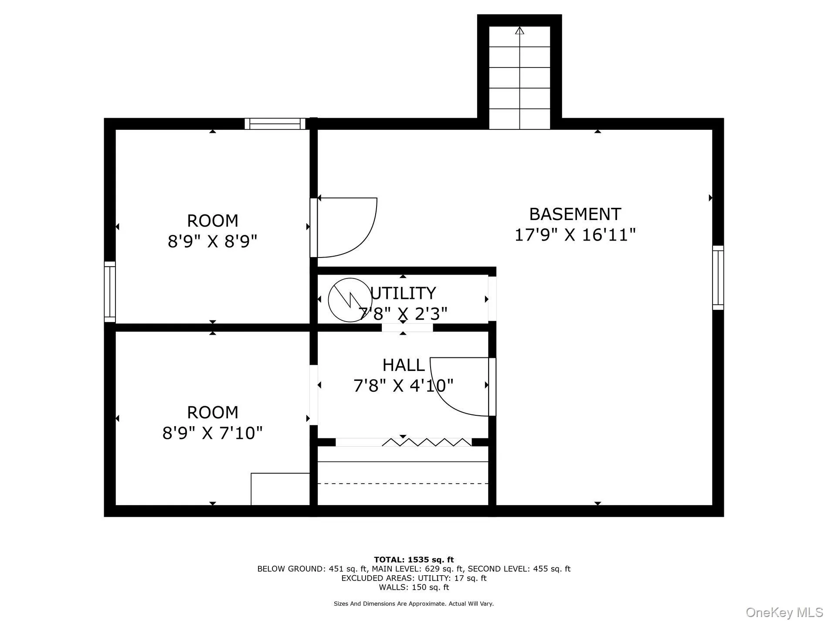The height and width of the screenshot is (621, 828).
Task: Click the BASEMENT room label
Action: click(x=575, y=214)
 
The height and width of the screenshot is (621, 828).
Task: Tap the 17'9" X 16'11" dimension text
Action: click(x=575, y=235)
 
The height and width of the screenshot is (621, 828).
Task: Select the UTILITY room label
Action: click(x=403, y=293)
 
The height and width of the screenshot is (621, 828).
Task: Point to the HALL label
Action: click(x=404, y=365)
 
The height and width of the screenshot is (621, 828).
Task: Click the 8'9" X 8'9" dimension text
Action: click(x=213, y=241)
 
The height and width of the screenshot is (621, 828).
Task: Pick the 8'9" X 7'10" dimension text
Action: click(x=213, y=433)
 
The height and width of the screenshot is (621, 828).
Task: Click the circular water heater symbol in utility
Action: click(x=350, y=300)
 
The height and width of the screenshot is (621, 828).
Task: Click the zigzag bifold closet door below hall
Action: click(x=427, y=443)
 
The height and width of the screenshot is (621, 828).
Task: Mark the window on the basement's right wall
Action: click(x=718, y=278)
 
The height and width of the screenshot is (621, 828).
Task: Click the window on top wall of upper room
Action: click(x=275, y=124)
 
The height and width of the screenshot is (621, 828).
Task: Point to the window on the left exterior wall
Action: click(x=110, y=292)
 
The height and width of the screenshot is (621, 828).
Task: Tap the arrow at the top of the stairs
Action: click(x=519, y=31)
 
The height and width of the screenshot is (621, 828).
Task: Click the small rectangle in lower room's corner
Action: click(x=280, y=489)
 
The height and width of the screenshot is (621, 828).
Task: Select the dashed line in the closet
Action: click(x=403, y=483)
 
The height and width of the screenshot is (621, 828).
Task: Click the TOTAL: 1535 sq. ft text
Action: click(x=414, y=560)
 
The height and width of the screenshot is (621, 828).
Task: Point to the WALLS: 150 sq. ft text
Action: click(x=414, y=587)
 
